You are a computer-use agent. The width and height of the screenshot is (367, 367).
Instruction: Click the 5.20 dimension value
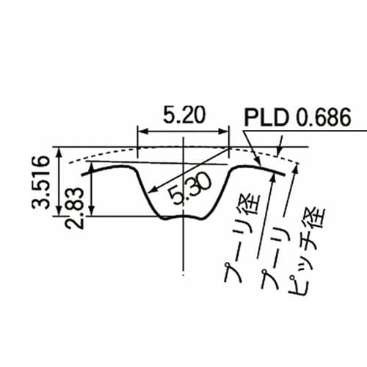(x=183, y=115)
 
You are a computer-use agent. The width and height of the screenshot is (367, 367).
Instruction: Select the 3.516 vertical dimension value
(x=43, y=182)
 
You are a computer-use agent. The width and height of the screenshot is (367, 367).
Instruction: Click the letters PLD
(x=269, y=117)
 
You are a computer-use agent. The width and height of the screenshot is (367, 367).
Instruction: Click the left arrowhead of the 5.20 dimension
(x=142, y=132)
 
